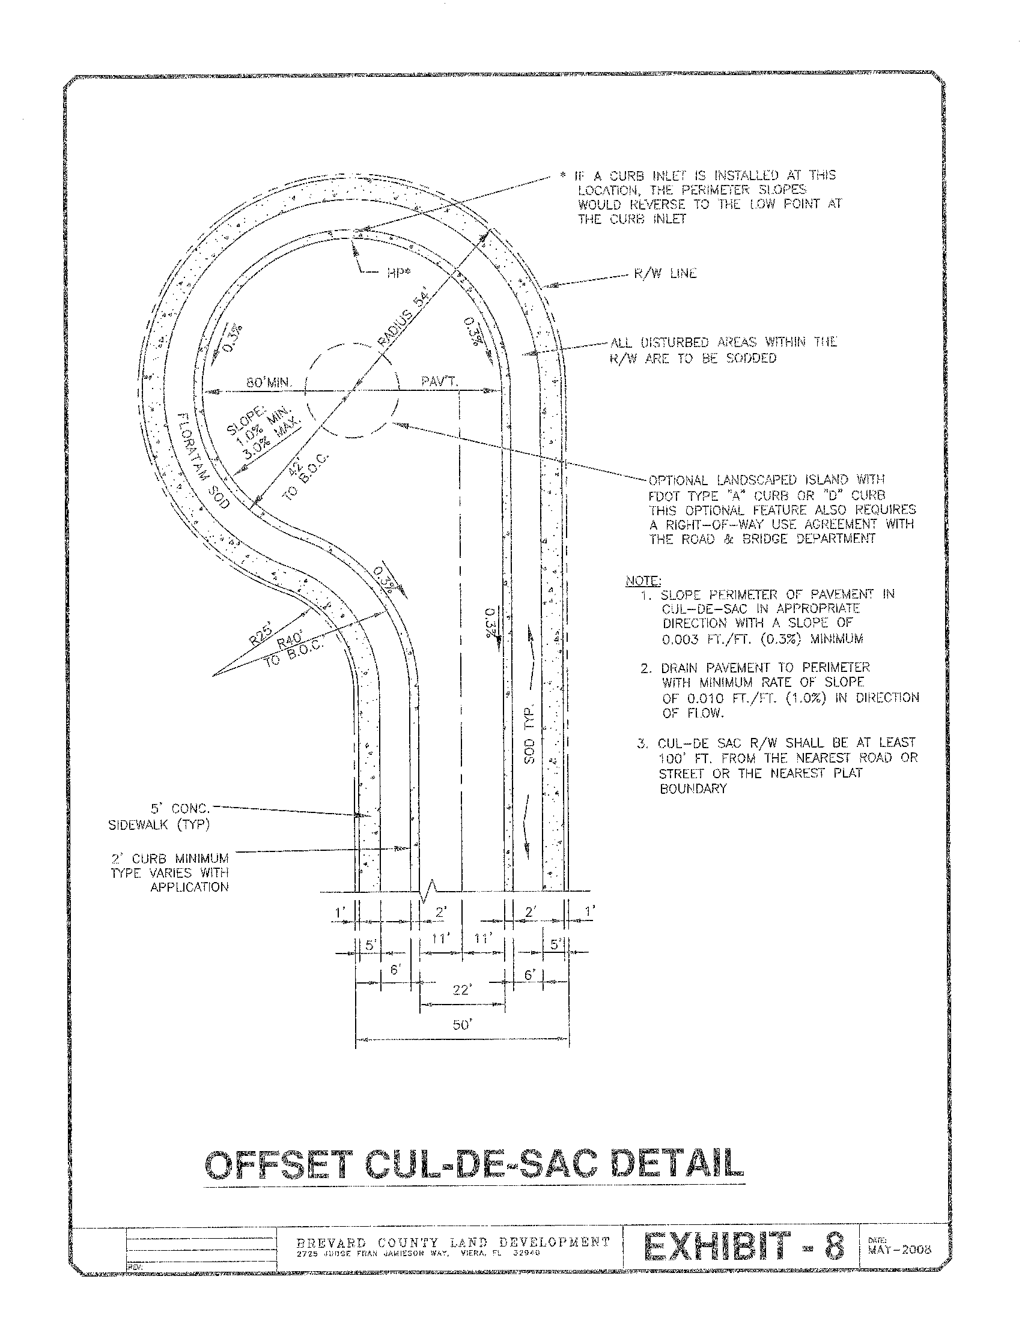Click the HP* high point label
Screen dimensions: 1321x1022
[x=398, y=272]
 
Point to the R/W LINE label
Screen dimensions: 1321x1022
[x=665, y=274]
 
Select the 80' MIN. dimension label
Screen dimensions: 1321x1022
[x=269, y=382]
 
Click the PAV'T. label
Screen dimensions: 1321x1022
[x=440, y=382]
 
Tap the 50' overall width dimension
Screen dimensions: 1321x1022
[x=462, y=1024]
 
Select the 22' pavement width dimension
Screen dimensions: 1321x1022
[x=462, y=990]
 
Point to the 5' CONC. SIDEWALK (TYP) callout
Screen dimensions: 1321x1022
[x=159, y=817]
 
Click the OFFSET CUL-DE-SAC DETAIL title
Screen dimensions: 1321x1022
[x=475, y=1164]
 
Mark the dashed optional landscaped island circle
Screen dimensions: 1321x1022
[x=353, y=391]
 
